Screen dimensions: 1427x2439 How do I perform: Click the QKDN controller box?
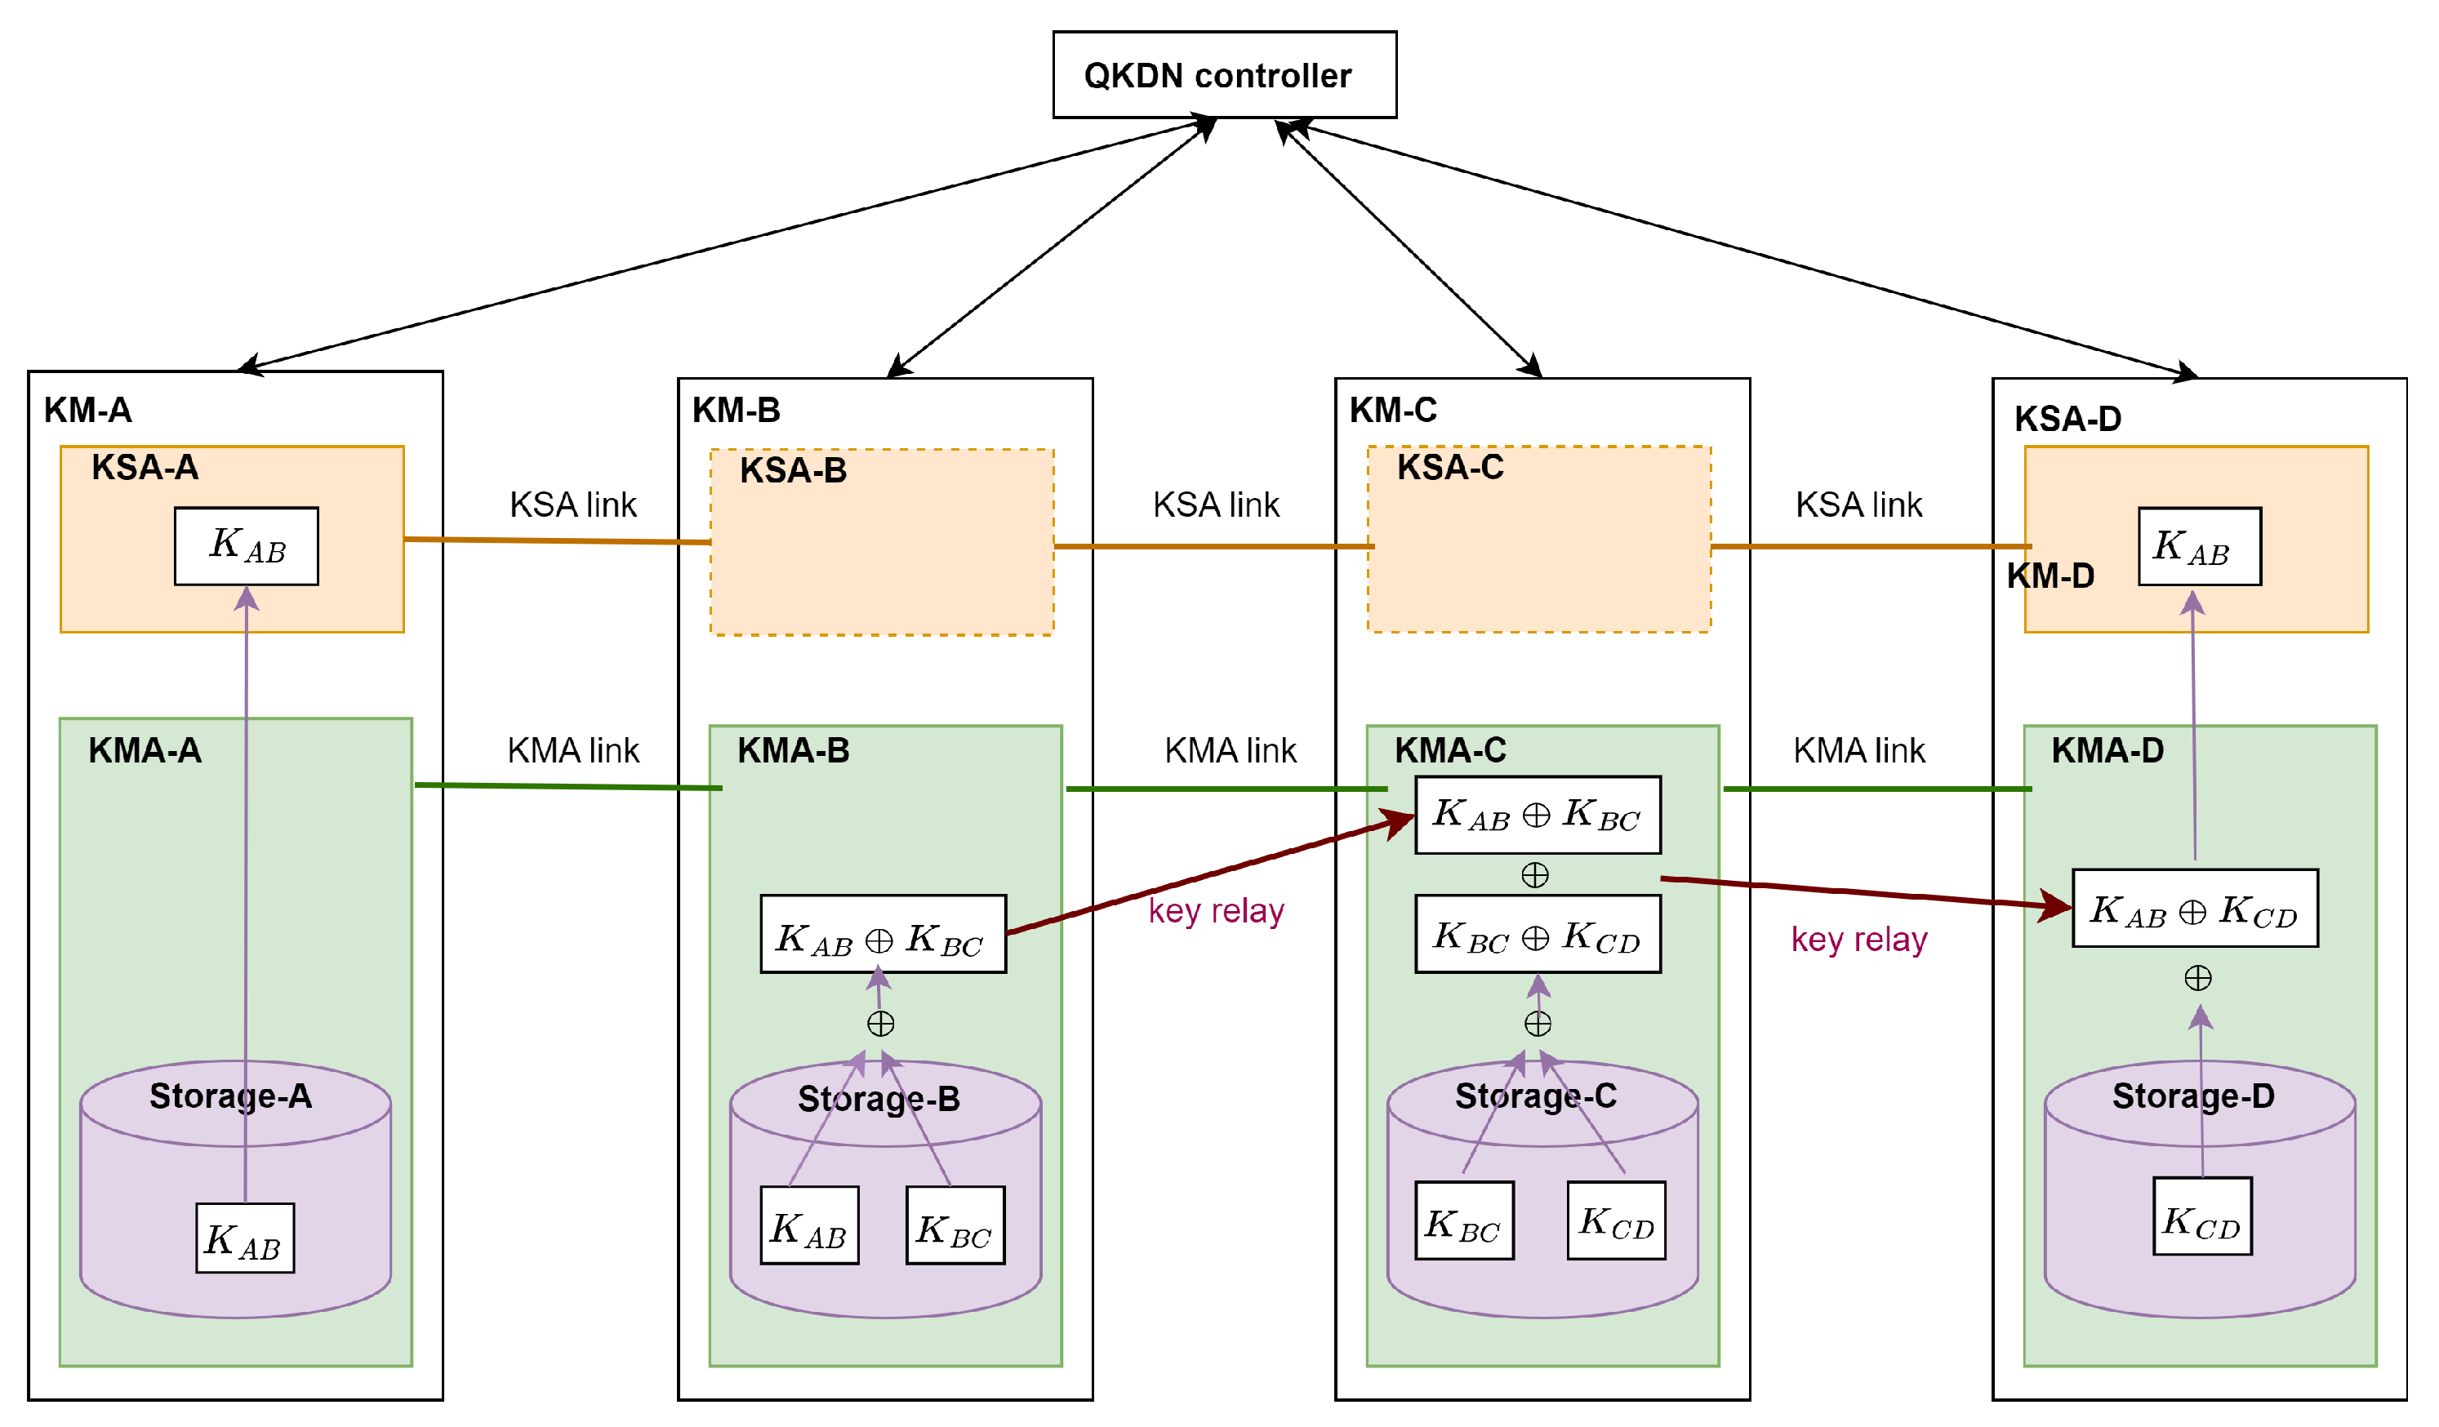pos(1224,74)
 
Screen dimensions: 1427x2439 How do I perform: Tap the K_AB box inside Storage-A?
pos(245,1238)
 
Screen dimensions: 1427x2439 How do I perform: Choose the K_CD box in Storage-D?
pos(2202,1216)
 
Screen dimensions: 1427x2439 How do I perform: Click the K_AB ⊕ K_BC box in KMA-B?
pos(883,934)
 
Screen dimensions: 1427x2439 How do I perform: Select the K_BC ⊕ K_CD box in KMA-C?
pos(1537,934)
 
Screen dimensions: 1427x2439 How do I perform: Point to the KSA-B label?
pos(793,471)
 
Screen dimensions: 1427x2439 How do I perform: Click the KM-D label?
pos(2050,576)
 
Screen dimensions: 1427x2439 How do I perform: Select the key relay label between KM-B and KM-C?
pos(1216,910)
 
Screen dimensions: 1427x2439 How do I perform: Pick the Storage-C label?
pos(1535,1096)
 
